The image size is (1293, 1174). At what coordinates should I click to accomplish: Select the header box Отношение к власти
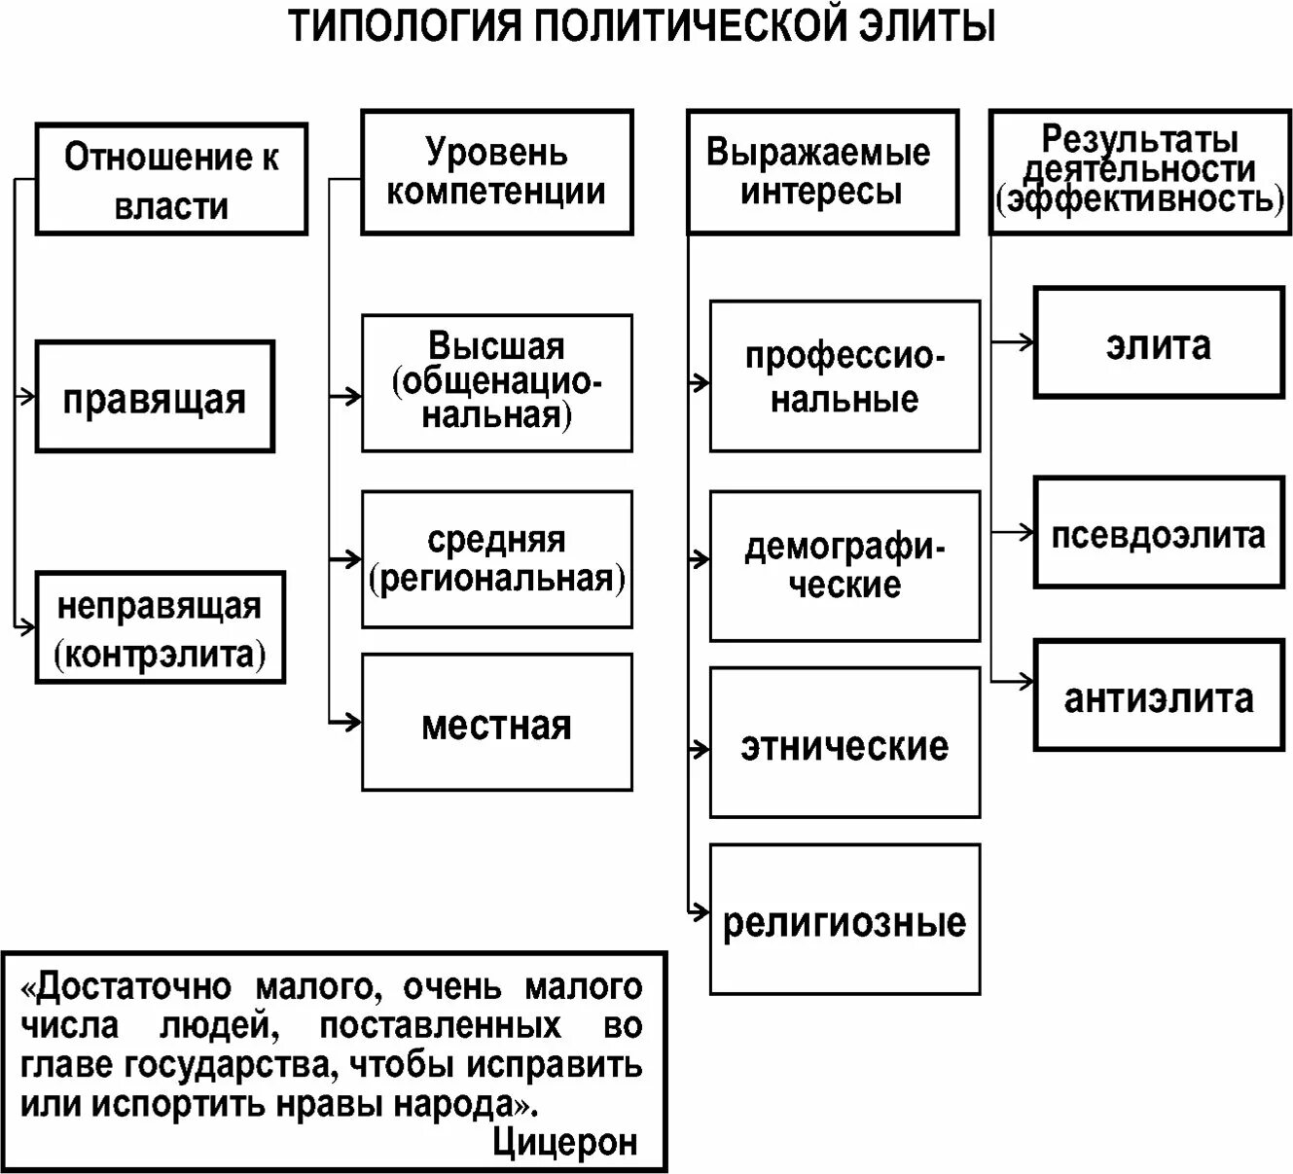click(x=171, y=179)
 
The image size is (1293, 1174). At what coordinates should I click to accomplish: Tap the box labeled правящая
click(x=155, y=397)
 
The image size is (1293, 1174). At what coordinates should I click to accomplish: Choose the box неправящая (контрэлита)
click(x=161, y=627)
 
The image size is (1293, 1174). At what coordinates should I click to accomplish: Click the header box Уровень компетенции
click(x=496, y=172)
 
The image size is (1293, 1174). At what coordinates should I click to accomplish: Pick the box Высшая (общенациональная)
click(x=496, y=382)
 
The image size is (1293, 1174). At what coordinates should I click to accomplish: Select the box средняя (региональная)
click(x=496, y=559)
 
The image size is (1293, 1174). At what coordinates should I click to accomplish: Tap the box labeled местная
click(x=496, y=722)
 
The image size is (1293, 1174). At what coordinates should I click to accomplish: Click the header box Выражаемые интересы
click(x=822, y=172)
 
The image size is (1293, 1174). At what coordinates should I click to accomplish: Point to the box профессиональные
click(x=844, y=376)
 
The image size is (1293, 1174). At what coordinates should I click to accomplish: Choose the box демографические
click(x=844, y=566)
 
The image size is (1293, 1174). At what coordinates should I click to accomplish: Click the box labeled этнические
click(x=844, y=743)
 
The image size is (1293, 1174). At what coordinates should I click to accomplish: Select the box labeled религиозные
click(x=844, y=920)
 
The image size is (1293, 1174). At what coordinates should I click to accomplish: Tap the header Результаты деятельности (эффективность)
click(x=1139, y=172)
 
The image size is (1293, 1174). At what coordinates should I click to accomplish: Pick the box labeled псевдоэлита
click(x=1158, y=532)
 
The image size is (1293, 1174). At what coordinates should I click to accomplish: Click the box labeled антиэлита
click(x=1158, y=695)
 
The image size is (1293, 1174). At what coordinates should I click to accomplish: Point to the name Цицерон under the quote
click(x=565, y=1141)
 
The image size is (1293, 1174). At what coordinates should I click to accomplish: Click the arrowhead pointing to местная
click(x=352, y=722)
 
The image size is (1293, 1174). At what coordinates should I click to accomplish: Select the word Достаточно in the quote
click(x=133, y=986)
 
